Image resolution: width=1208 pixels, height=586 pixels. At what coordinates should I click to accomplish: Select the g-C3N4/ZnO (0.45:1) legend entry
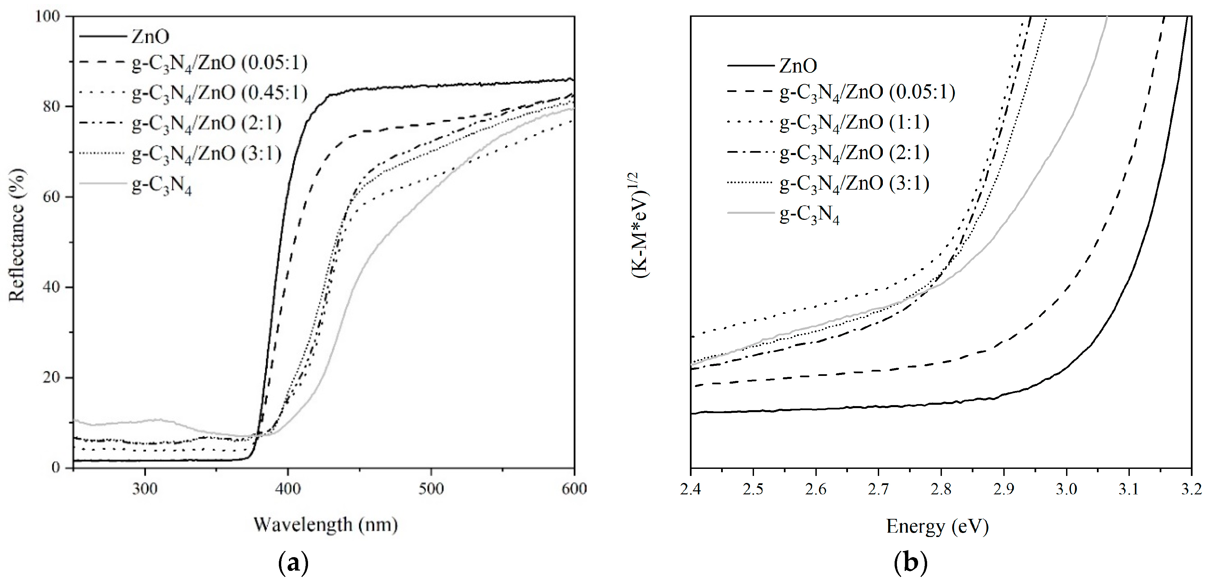coord(219,93)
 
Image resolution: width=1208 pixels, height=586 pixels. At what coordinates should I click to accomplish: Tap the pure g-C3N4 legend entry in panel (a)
coord(162,185)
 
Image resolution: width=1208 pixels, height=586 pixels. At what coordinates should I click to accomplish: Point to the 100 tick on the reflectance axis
coord(48,16)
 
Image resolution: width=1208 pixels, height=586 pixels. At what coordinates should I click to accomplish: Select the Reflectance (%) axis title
coord(17,235)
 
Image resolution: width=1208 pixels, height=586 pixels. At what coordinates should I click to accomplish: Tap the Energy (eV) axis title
coord(937,526)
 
